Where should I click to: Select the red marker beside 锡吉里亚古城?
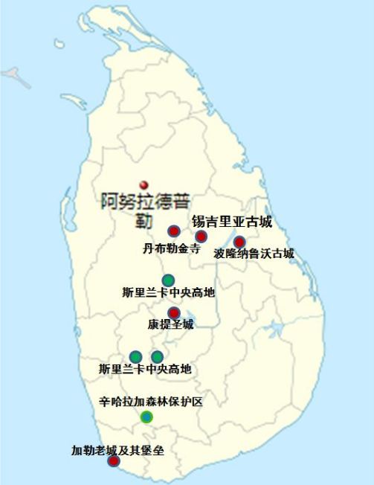coord(201,237)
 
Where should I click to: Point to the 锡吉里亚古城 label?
coord(232,222)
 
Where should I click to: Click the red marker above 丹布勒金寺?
coord(173,231)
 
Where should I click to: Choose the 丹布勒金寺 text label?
coord(171,249)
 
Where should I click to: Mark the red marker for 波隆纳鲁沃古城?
coord(239,242)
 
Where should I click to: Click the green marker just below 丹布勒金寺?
coord(169,280)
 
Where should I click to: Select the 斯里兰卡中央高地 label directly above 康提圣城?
coord(169,293)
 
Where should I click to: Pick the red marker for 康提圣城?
coord(173,312)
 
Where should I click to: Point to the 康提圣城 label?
coord(170,325)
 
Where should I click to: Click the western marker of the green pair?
coord(136,356)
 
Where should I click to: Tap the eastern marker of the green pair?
coord(158,356)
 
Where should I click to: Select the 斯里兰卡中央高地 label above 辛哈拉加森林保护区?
coord(145,369)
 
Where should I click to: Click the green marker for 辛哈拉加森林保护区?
coord(146,417)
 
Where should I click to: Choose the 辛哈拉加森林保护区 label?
coord(151,402)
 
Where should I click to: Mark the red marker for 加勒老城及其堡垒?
coord(113,461)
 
